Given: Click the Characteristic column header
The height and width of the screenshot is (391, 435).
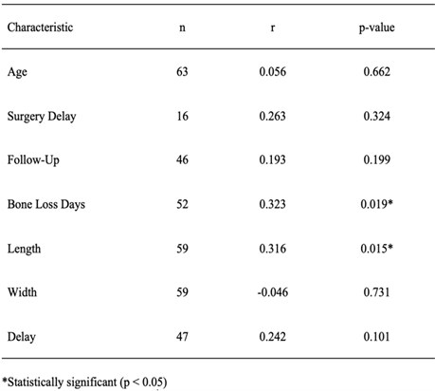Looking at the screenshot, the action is [x=40, y=28].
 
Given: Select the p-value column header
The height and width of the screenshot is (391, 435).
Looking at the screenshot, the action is [x=376, y=28].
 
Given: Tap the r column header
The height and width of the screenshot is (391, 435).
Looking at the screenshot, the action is [x=273, y=28].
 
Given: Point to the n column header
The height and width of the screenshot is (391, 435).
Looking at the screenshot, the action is [x=182, y=28].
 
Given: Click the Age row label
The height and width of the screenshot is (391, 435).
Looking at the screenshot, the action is [x=17, y=72].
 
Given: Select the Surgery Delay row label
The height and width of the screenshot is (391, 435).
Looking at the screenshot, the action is [x=42, y=117].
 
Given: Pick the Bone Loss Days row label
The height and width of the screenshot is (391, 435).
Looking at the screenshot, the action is [x=46, y=205].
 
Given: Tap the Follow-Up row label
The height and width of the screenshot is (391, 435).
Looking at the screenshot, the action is [x=33, y=160].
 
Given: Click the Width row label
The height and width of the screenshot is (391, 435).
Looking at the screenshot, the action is [x=22, y=292].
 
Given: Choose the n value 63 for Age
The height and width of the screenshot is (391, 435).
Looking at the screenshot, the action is [x=182, y=72].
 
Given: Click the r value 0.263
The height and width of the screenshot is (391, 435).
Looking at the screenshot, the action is [x=272, y=116].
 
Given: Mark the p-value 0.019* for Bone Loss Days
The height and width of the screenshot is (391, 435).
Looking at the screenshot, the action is [x=376, y=204].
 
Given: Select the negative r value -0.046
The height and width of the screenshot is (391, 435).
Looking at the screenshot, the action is [x=273, y=292].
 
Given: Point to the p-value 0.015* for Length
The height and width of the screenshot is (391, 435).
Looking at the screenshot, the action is [x=376, y=249].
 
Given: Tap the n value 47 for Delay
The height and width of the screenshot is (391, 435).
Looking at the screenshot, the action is [x=182, y=337].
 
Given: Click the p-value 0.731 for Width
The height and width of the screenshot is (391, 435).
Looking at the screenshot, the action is [x=376, y=292].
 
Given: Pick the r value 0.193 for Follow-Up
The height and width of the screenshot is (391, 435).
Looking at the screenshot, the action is [x=272, y=159].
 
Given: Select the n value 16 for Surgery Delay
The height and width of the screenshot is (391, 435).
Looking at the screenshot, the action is [x=182, y=116].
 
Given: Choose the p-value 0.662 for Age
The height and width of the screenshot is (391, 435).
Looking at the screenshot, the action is [x=376, y=72].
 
